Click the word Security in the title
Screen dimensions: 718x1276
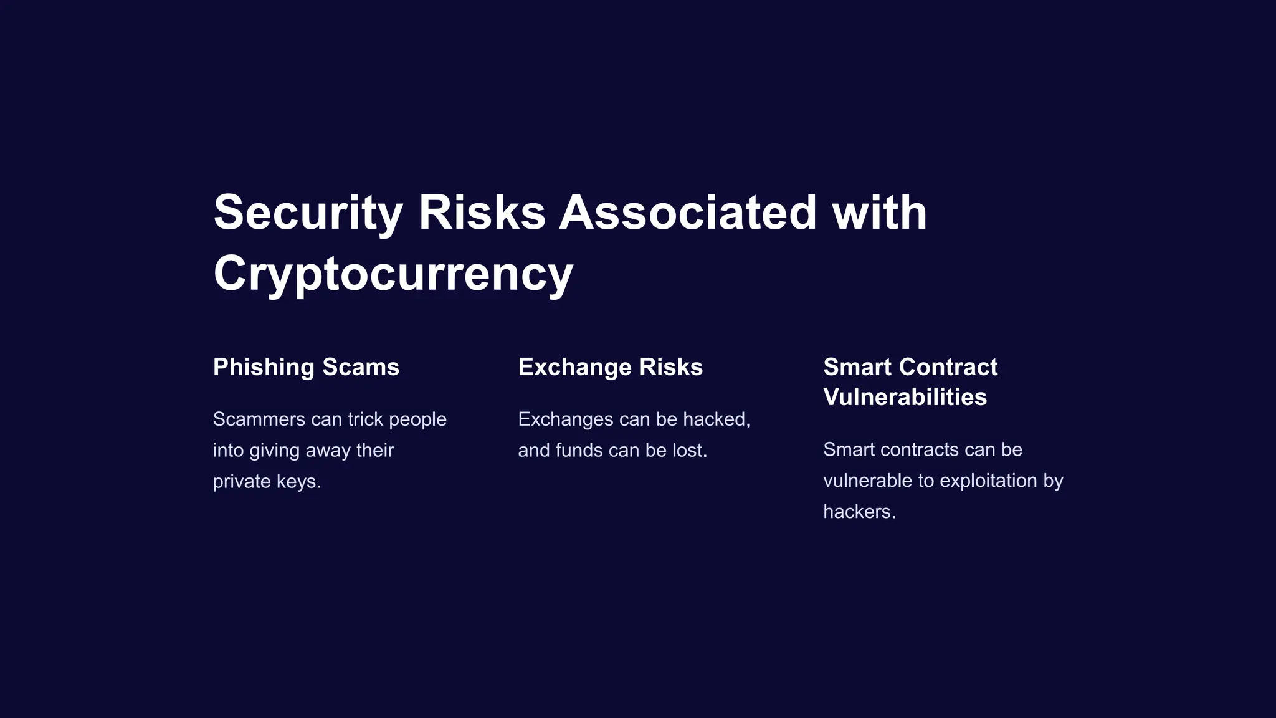click(308, 213)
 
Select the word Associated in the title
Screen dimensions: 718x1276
click(687, 213)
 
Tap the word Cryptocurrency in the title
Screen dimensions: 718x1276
click(393, 274)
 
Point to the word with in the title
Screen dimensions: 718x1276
click(879, 213)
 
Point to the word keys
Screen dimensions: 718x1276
click(298, 482)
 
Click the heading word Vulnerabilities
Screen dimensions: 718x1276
click(905, 398)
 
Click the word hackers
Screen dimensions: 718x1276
click(859, 512)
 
